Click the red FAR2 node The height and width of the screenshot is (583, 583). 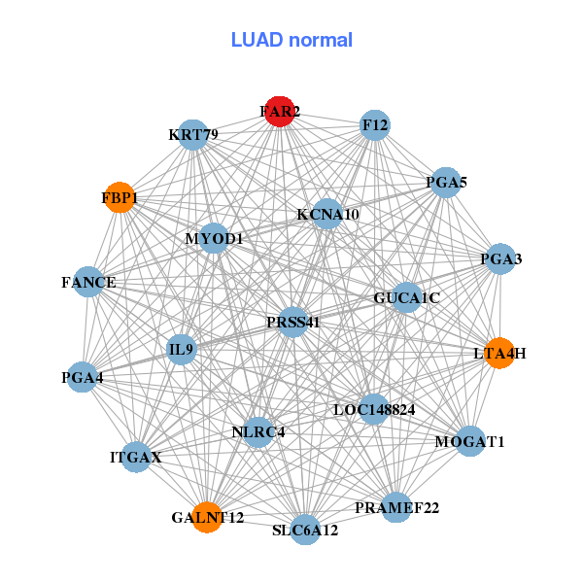280,112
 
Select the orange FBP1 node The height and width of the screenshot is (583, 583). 120,197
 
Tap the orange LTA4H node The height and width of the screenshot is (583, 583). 499,353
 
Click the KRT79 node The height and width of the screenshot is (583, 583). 194,133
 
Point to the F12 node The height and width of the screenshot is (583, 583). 375,125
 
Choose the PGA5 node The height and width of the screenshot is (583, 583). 446,182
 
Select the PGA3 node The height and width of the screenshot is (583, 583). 500,258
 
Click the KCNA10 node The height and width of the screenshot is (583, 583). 327,214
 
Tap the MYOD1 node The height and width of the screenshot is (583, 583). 214,238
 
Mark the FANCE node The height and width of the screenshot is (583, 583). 88,283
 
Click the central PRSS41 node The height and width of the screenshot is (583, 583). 293,322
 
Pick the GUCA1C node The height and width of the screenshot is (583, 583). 406,297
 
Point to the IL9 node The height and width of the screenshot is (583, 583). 182,348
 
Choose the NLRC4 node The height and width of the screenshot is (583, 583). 257,431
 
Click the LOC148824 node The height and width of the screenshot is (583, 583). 374,409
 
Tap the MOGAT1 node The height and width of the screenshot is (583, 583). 470,442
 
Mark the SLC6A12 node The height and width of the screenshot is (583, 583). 305,530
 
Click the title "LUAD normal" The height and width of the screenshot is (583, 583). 291,40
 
